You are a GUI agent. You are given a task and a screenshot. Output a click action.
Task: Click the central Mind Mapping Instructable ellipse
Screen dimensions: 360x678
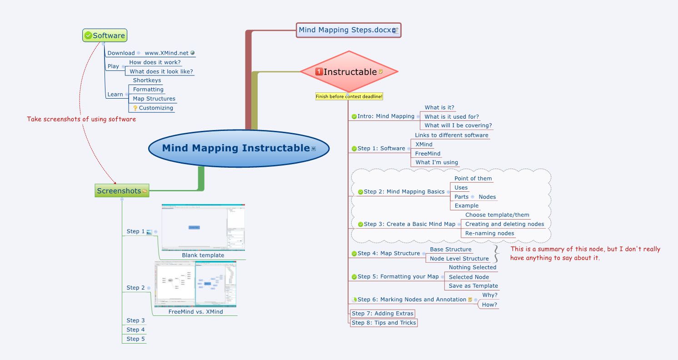238,148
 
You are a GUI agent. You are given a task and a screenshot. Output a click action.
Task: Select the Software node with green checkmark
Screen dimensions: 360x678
105,35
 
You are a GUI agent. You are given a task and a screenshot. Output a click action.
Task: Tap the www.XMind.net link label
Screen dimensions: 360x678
166,53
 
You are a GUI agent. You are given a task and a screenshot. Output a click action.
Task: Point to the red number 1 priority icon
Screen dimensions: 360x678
319,72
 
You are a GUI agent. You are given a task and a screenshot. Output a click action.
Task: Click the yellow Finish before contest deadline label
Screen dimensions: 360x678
349,96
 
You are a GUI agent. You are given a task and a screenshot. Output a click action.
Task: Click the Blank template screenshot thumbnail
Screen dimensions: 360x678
203,227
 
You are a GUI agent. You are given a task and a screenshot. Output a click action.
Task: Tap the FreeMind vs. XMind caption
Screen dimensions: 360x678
195,312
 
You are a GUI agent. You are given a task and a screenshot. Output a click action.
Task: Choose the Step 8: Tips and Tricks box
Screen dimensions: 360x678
384,323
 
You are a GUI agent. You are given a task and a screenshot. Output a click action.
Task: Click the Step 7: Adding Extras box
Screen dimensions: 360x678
382,314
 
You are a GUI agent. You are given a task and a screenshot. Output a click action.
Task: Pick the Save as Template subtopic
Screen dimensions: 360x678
473,286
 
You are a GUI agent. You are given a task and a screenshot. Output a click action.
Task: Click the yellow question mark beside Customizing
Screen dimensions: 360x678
135,108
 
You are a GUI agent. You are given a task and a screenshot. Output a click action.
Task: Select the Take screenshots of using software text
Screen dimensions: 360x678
81,119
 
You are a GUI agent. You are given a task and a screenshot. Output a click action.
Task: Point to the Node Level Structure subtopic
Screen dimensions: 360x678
459,259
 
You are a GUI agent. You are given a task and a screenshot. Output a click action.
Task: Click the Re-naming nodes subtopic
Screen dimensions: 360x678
489,234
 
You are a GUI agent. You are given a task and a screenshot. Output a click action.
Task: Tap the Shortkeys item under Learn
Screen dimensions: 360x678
147,80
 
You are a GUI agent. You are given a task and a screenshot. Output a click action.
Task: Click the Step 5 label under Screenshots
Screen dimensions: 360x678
135,339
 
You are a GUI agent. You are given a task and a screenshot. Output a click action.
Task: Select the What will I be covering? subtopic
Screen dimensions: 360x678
458,125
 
